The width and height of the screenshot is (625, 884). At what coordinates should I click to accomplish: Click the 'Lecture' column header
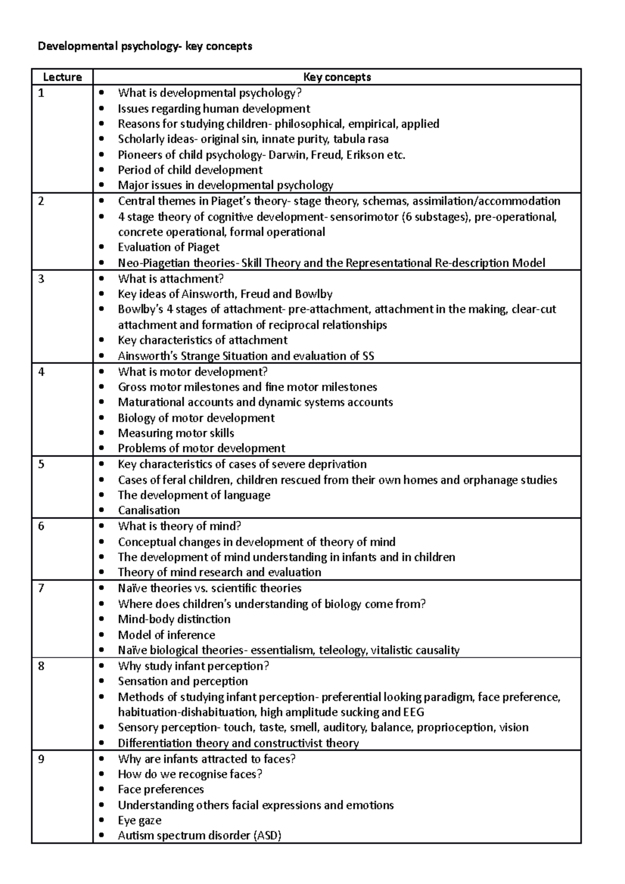62,77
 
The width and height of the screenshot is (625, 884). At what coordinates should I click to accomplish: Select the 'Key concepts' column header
337,77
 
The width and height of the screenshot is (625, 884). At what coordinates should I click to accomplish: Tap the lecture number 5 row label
42,464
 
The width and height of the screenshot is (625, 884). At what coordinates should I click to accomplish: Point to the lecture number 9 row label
42,759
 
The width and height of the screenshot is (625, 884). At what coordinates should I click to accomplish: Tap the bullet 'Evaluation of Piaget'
168,247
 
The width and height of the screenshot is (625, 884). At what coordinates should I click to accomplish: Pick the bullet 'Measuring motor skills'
176,433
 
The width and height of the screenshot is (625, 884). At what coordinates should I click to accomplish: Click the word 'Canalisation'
148,510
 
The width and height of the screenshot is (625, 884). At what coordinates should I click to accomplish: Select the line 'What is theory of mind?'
179,526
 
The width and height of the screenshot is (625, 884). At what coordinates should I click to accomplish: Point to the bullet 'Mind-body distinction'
174,619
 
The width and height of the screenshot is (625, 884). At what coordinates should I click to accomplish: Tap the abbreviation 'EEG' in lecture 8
414,712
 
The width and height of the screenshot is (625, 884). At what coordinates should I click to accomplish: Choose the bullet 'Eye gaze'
139,820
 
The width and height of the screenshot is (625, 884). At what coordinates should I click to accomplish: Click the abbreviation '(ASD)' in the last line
267,836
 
